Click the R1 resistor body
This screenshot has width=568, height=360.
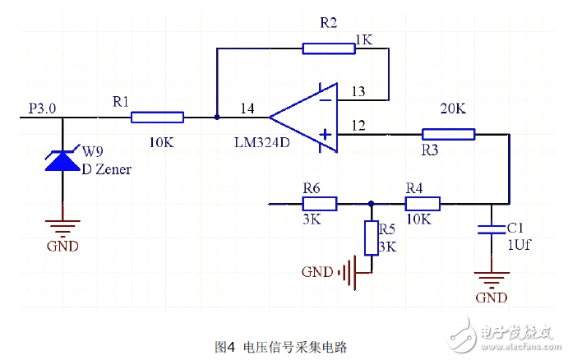pyautogui.click(x=157, y=118)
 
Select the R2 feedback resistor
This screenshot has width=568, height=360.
pyautogui.click(x=329, y=48)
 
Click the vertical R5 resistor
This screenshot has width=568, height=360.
pyautogui.click(x=372, y=238)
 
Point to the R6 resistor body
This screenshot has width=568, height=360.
pyautogui.click(x=319, y=204)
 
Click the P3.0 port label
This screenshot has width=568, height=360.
pyautogui.click(x=43, y=108)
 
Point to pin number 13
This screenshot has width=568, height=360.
pyautogui.click(x=358, y=91)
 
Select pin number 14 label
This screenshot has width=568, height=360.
pyautogui.click(x=247, y=108)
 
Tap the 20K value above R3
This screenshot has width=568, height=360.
pyautogui.click(x=454, y=109)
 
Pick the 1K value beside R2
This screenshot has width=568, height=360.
pyautogui.click(x=364, y=39)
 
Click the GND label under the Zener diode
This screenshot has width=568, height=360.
pyautogui.click(x=63, y=246)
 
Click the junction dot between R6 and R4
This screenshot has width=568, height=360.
pyautogui.click(x=372, y=204)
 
